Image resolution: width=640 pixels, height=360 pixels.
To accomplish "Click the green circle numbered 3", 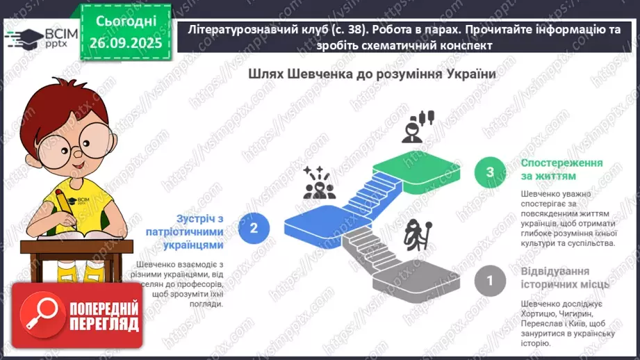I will pyautogui.click(x=491, y=172).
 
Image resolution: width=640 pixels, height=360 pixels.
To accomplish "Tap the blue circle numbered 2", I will pyautogui.click(x=254, y=227).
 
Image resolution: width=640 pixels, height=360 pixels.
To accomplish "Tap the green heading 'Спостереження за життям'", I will pyautogui.click(x=562, y=170).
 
